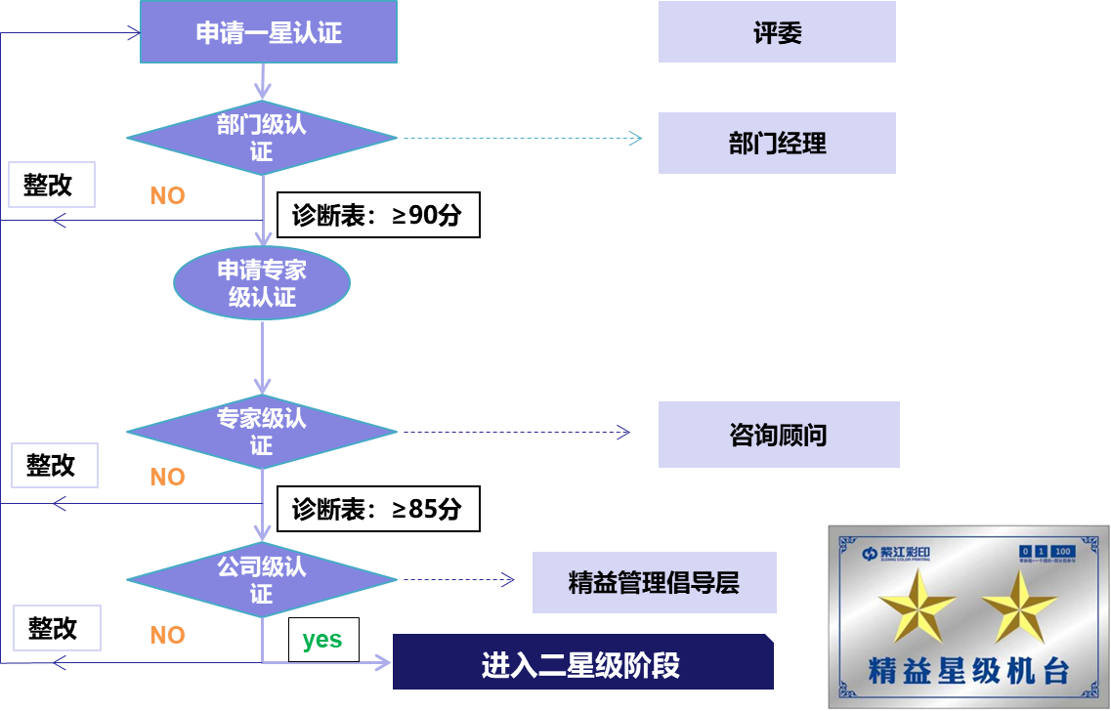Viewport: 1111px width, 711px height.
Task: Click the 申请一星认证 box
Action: pos(269,32)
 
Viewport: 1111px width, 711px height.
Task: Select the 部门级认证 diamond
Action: pos(262,139)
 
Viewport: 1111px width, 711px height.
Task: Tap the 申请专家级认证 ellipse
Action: pos(262,283)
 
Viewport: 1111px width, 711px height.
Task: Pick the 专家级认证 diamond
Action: pos(262,432)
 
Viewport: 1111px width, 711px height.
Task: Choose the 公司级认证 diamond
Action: pos(262,579)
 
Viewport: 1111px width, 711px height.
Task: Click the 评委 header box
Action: pos(777,32)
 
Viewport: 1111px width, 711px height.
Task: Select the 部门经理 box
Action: pos(777,144)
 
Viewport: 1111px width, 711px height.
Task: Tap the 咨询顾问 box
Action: pos(779,435)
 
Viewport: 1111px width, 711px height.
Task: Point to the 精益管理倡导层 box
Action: pos(654,583)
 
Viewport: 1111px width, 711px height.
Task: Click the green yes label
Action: pos(321,640)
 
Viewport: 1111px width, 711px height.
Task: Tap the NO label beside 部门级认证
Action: pos(167,196)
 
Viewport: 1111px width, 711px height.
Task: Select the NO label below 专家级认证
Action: pos(167,478)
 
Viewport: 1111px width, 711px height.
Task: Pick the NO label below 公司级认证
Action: pos(167,636)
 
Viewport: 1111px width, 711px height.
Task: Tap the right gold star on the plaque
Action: pos(1019,606)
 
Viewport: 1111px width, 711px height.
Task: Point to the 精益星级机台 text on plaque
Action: pos(968,671)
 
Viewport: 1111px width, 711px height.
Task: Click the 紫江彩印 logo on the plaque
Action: pos(896,553)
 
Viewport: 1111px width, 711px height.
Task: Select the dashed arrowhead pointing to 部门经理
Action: pos(636,139)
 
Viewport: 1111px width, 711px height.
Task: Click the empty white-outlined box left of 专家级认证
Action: pos(55,465)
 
